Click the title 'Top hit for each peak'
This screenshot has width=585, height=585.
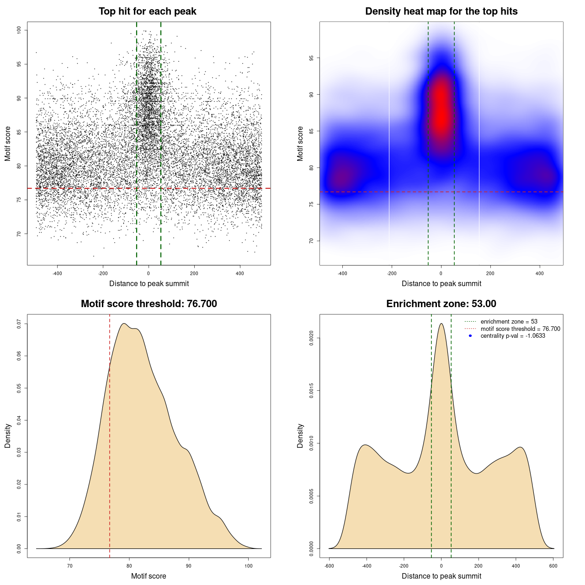click(x=147, y=11)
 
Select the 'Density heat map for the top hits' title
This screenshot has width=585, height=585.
click(x=441, y=11)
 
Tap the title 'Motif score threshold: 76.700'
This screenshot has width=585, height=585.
click(x=149, y=304)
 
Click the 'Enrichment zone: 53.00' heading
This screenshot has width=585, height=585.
click(x=441, y=304)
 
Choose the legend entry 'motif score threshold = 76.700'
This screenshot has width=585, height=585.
click(x=520, y=329)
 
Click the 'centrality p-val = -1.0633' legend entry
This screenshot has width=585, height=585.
click(x=513, y=336)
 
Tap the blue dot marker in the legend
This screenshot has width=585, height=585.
click(x=470, y=336)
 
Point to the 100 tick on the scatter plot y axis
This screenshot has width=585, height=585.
click(x=19, y=30)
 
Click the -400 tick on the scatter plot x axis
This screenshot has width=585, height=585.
click(x=57, y=273)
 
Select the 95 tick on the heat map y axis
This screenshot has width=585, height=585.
click(x=311, y=58)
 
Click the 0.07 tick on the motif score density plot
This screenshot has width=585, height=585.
click(x=19, y=324)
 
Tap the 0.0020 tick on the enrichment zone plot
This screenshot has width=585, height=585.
click(x=311, y=338)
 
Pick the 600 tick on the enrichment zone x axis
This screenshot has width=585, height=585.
click(x=553, y=566)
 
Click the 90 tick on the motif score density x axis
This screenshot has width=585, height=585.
click(x=189, y=566)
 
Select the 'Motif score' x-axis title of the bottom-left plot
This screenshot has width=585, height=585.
click(x=149, y=576)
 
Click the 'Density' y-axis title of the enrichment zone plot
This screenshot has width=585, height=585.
click(x=300, y=436)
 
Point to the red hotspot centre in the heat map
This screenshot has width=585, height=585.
click(x=441, y=110)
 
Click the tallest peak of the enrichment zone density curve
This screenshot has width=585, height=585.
click(x=441, y=324)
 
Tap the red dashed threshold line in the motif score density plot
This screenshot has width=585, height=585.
click(x=110, y=434)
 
